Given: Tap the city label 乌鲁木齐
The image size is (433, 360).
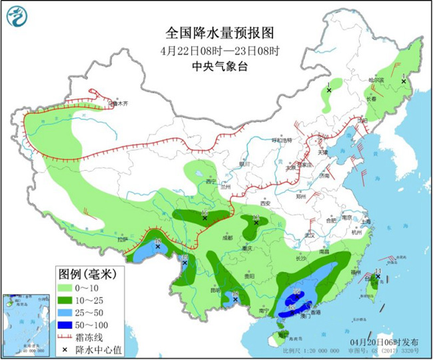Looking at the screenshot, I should [118, 103].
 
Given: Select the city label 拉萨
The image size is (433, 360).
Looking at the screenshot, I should [121, 239].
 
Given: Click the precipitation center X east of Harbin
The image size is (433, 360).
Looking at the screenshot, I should [404, 81].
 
